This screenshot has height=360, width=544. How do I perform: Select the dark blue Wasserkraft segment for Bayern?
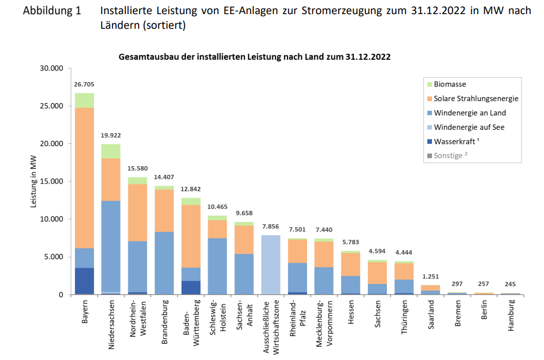tap(84, 281)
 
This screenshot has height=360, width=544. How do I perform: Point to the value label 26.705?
tap(84, 85)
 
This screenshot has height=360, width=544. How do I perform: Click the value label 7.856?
tap(271, 227)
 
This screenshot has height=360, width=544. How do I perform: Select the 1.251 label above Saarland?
tap(430, 277)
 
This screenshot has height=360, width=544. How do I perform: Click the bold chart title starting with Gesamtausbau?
tap(254, 56)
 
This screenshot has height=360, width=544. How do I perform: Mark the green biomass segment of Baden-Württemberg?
tap(191, 201)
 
